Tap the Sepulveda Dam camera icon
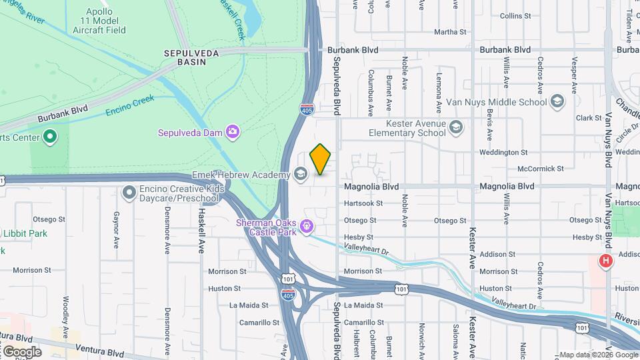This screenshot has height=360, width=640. coord(232,131)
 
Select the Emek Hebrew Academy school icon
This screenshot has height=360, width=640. coord(300,175)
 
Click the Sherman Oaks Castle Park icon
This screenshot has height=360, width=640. coord(306,226)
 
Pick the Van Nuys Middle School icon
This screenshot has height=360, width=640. coord(557,102)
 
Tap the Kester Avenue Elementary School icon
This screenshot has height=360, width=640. coord(456,127)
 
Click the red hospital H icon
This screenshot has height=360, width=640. coord(605,261)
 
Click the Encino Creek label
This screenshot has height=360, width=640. coord(130,106)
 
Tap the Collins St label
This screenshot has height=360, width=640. coord(515,15)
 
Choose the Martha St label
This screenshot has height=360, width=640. coord(450,32)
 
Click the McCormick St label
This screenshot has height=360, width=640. coord(541,169)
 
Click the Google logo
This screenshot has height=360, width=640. coord(22,351)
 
